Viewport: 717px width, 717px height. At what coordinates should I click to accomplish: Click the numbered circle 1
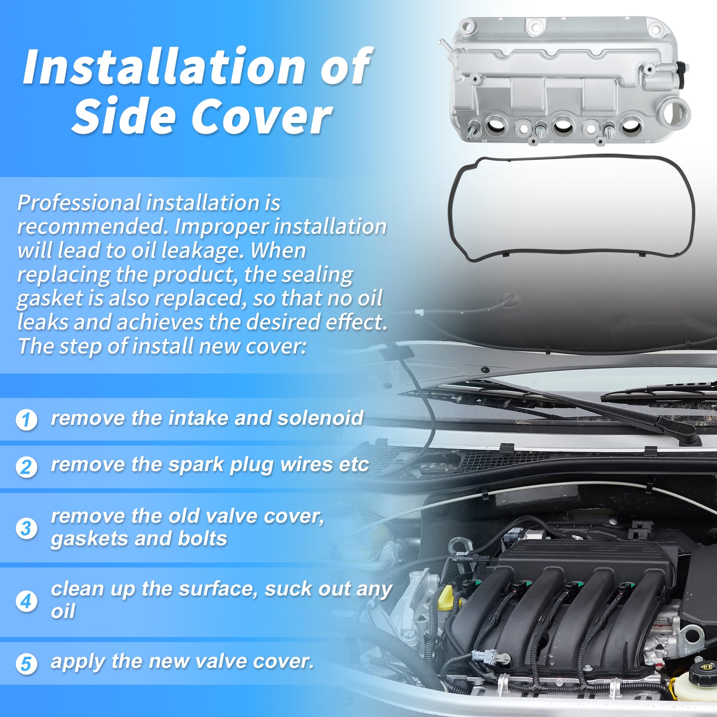(26, 420)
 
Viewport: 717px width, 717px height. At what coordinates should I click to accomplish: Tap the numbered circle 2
(26, 467)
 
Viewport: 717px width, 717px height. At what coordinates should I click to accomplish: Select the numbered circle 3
(26, 528)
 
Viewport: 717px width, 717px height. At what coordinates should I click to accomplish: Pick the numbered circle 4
(26, 601)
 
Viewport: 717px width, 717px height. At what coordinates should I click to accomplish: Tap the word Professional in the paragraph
(79, 203)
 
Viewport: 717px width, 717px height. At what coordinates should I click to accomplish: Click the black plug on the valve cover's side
(681, 72)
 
